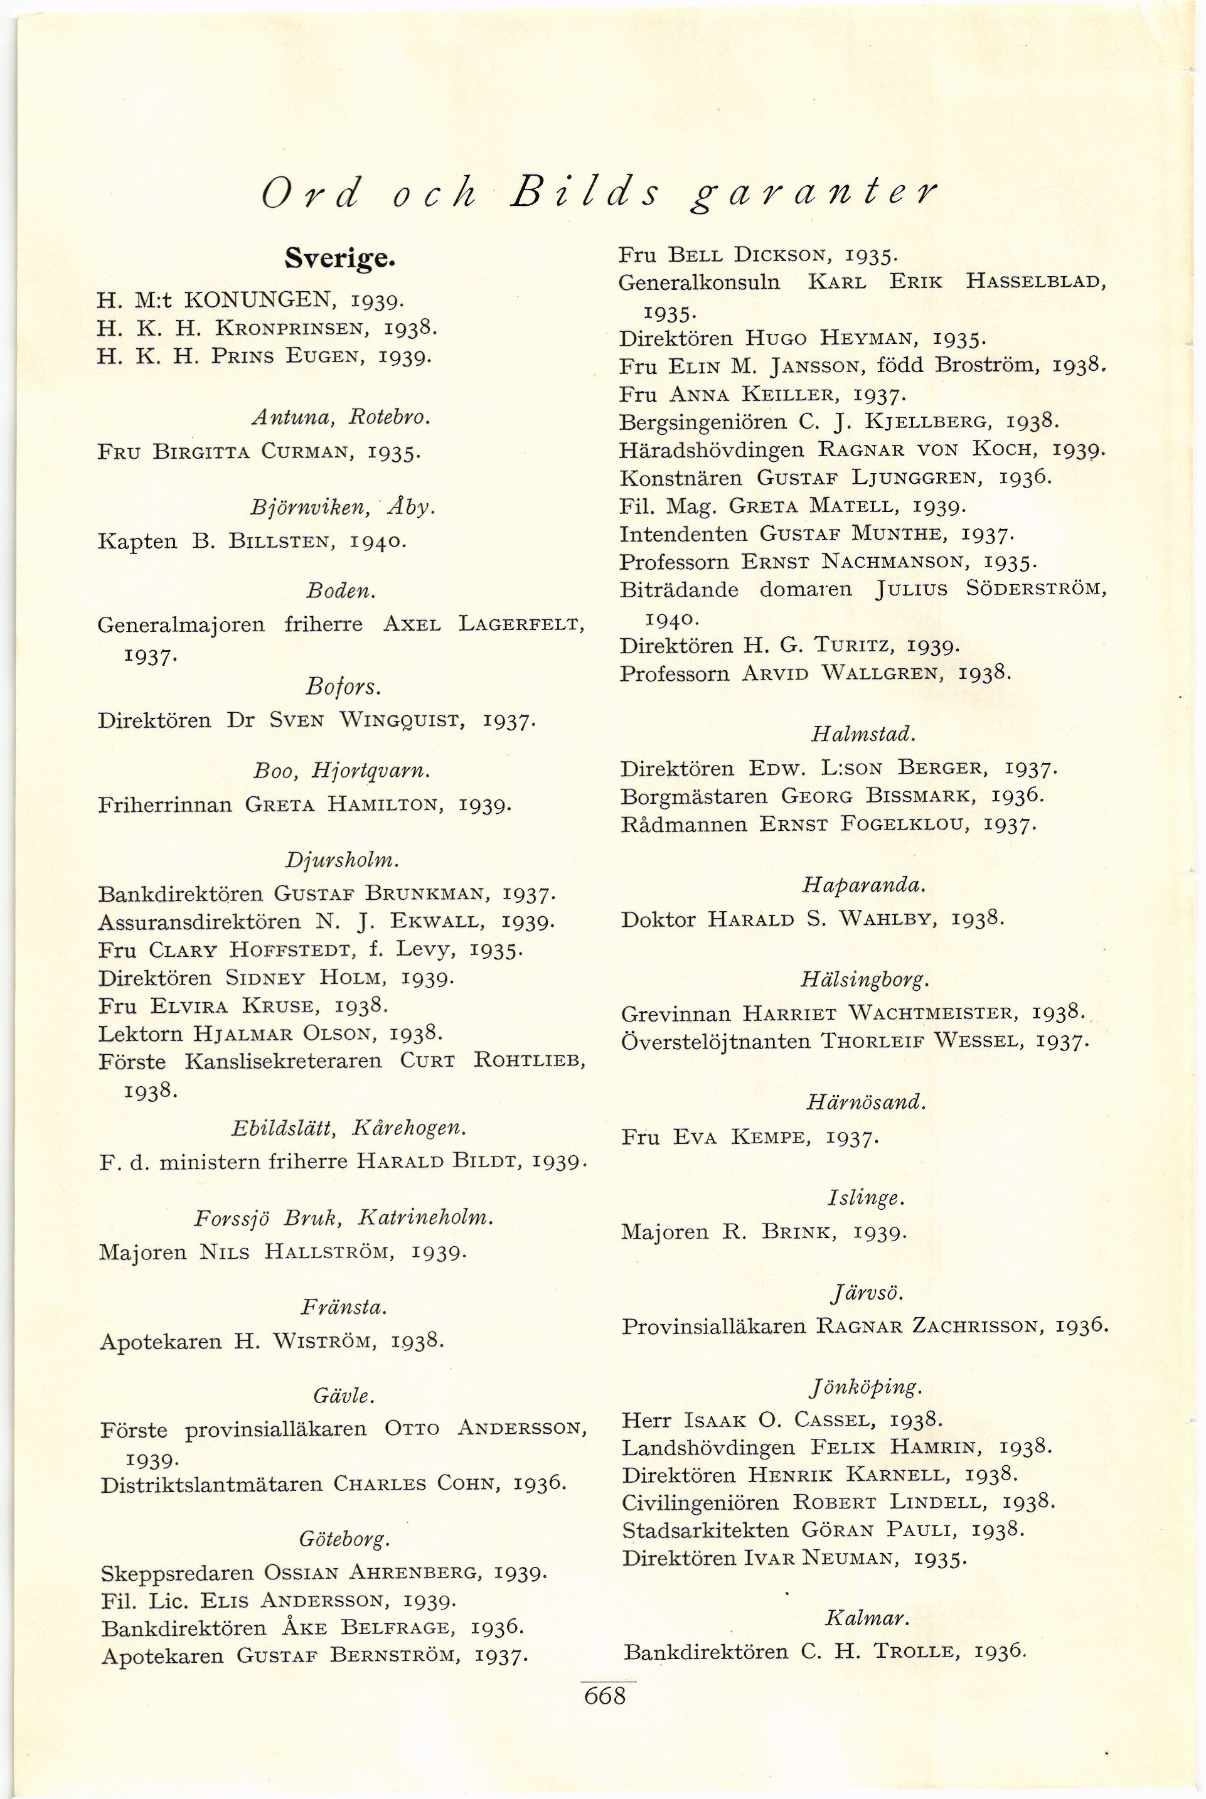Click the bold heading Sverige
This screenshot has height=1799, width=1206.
(340, 259)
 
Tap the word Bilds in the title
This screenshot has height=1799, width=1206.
(586, 195)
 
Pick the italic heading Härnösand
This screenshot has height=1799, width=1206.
(865, 1102)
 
